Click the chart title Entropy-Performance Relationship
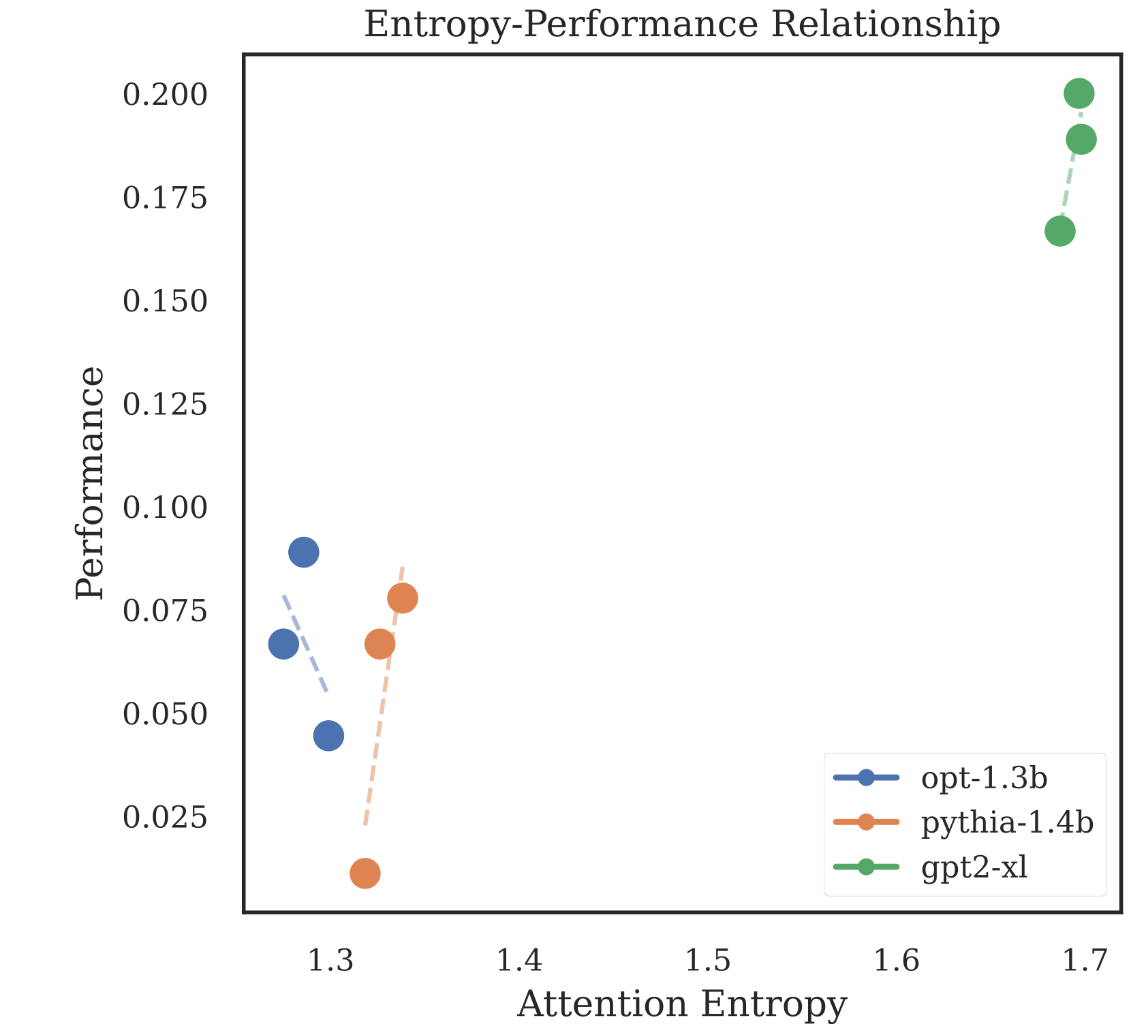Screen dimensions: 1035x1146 pyautogui.click(x=682, y=25)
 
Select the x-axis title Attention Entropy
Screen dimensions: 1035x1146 pyautogui.click(x=682, y=1004)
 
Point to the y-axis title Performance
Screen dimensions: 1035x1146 pyautogui.click(x=91, y=483)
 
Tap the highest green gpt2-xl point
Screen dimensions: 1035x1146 pyautogui.click(x=1079, y=93)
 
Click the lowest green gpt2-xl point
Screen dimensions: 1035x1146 pyautogui.click(x=1059, y=232)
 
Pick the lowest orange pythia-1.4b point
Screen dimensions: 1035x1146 pyautogui.click(x=365, y=873)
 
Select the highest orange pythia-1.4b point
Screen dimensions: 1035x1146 pyautogui.click(x=402, y=598)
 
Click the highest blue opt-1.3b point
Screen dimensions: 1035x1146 pyautogui.click(x=303, y=552)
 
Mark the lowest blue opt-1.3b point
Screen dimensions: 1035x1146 pyautogui.click(x=328, y=735)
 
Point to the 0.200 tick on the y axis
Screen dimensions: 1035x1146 pyautogui.click(x=164, y=95)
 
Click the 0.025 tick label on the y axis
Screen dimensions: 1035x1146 pyautogui.click(x=164, y=817)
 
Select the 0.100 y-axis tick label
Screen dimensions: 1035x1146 pyautogui.click(x=164, y=508)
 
